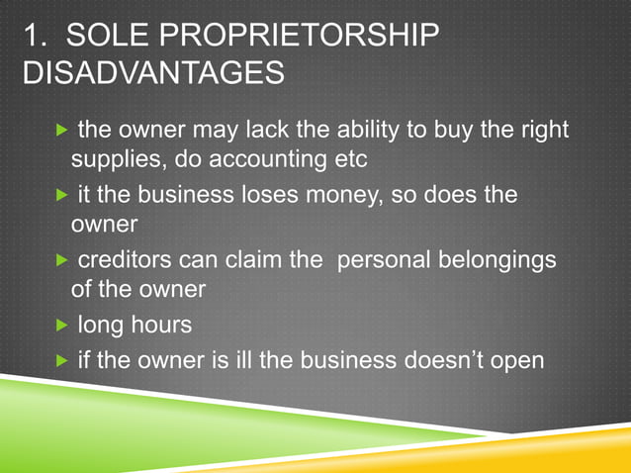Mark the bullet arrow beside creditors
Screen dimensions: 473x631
click(x=63, y=260)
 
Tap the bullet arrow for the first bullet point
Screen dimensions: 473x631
click(x=63, y=131)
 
